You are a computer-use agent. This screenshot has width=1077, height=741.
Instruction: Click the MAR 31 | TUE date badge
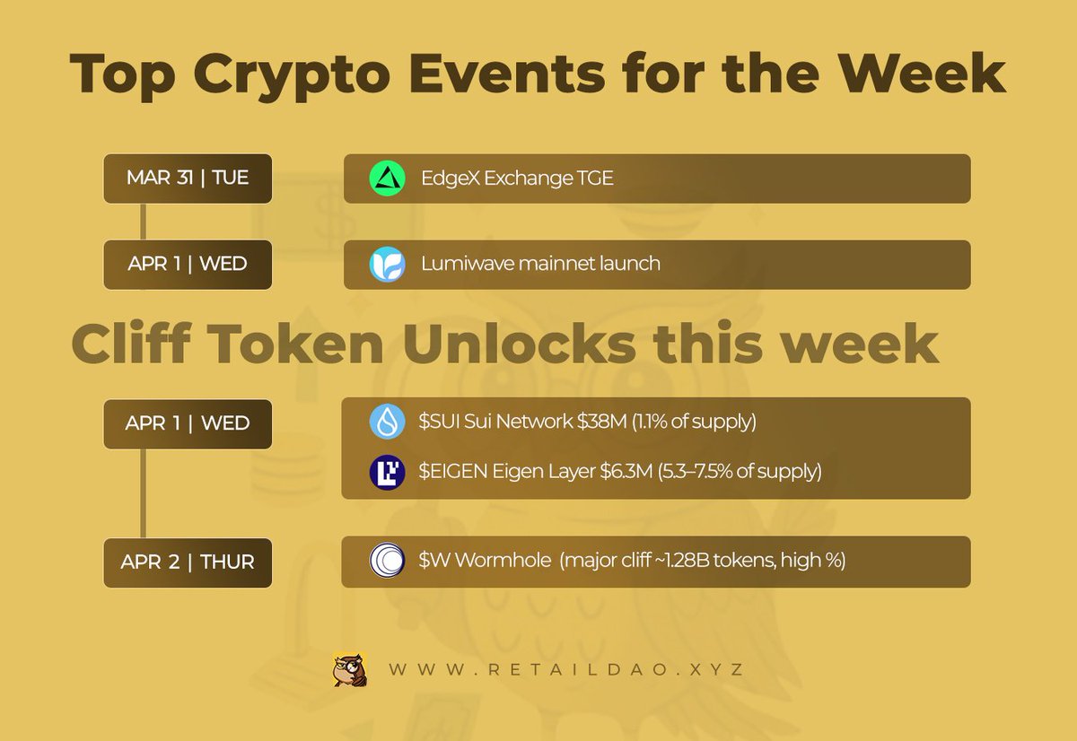[x=188, y=178]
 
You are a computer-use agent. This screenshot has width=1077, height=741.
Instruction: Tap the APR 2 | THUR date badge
[x=188, y=562]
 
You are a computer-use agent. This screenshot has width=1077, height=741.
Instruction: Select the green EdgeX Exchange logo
[x=388, y=179]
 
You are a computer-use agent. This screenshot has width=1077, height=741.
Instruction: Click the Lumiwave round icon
[x=388, y=265]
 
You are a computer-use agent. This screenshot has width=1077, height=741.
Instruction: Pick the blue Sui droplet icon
[x=388, y=422]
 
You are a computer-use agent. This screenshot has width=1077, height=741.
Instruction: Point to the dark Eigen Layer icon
[x=388, y=472]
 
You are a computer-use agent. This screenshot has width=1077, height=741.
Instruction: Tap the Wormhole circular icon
[x=388, y=562]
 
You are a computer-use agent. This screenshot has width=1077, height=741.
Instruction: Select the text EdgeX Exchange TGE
[x=517, y=179]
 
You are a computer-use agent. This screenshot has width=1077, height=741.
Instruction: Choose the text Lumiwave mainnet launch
[x=540, y=265]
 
